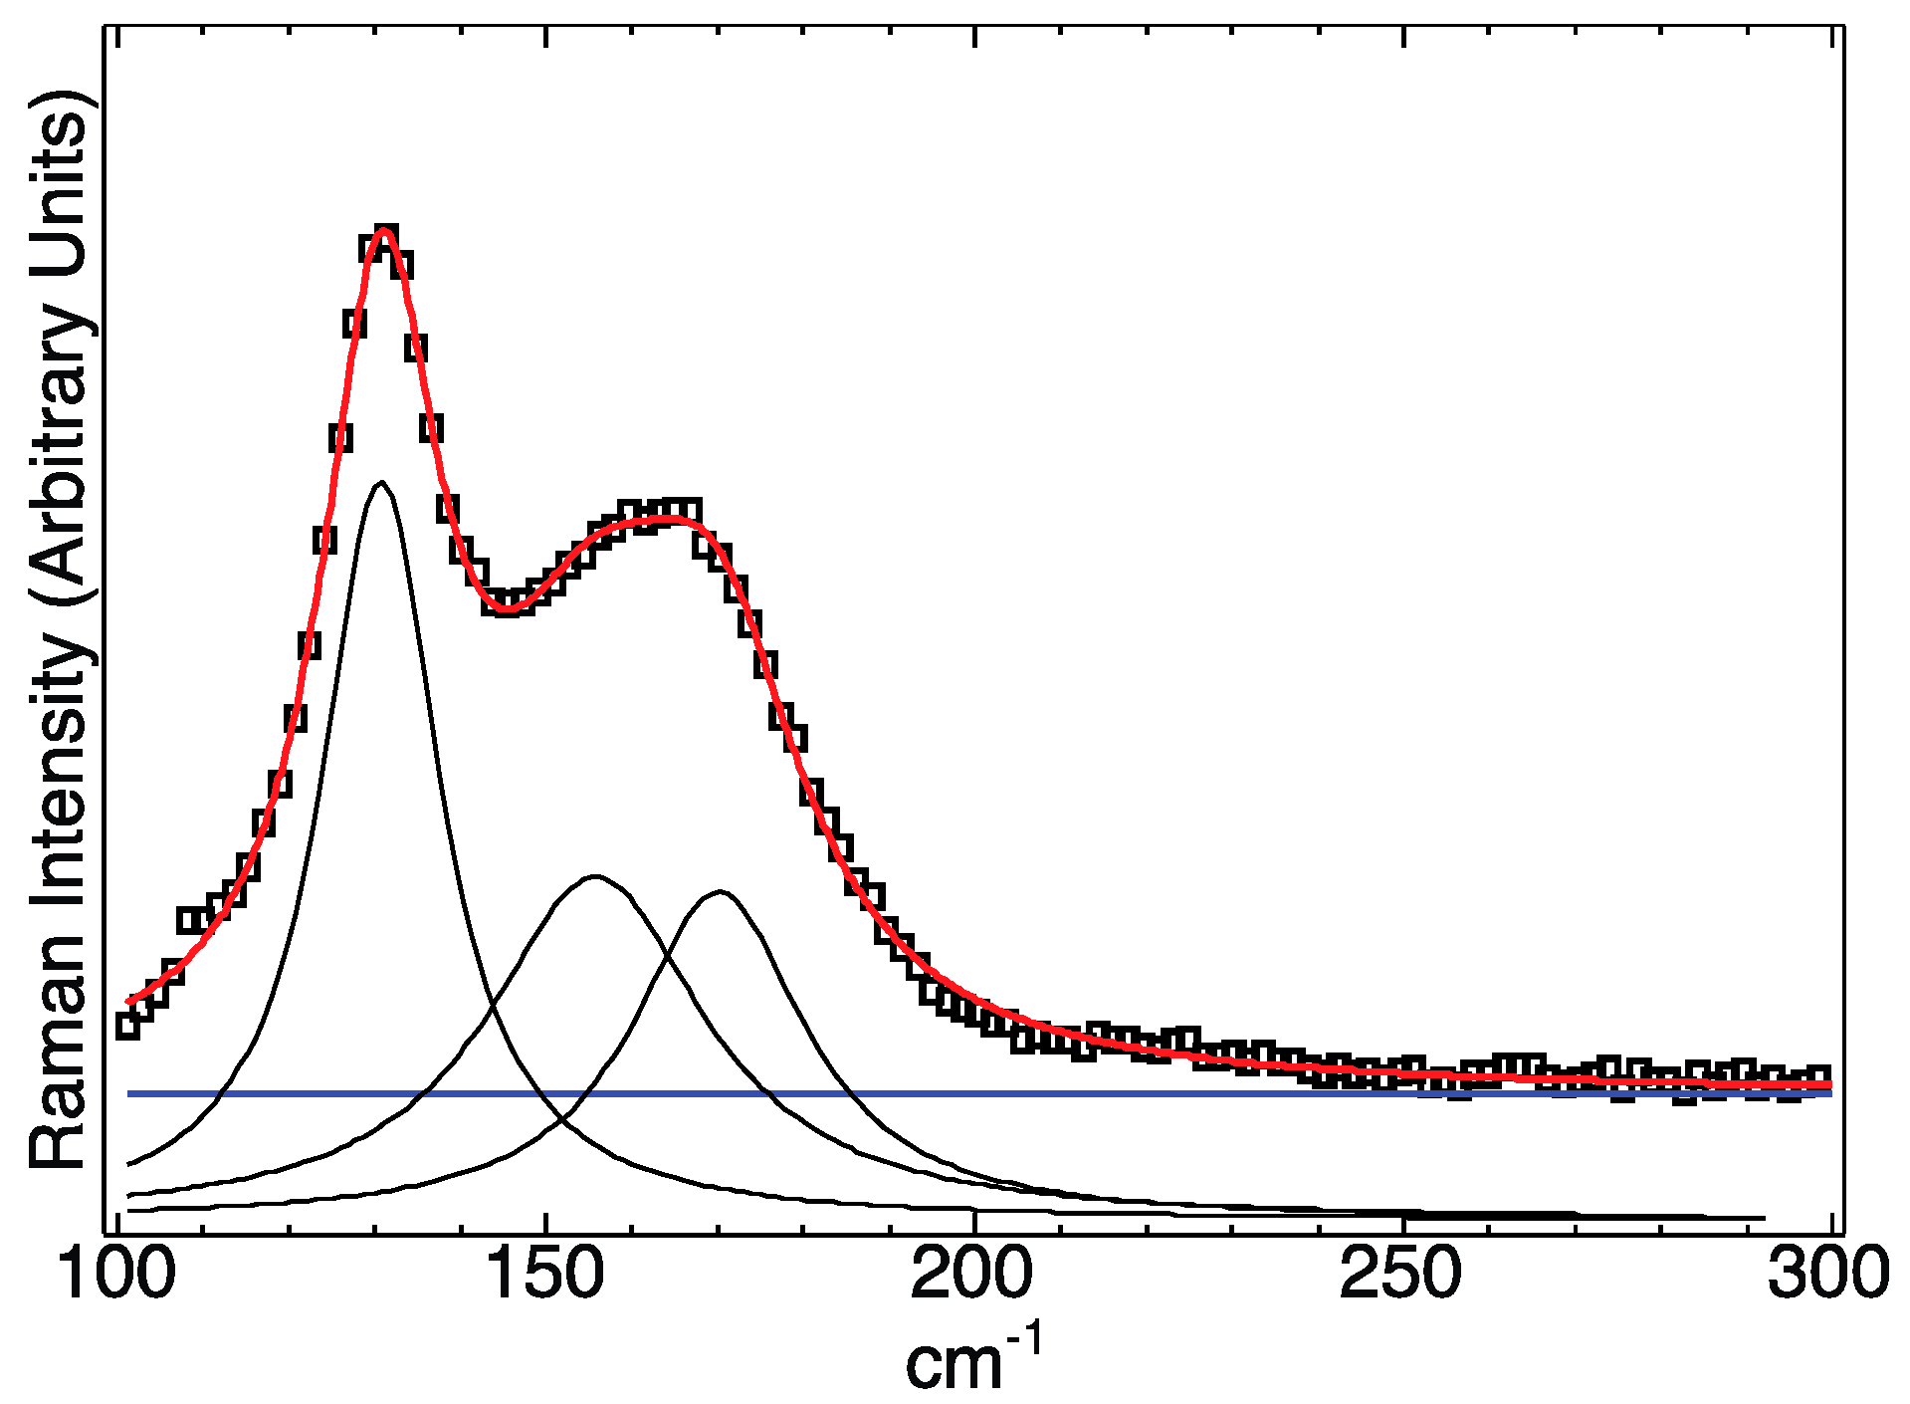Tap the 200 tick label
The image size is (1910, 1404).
click(973, 1276)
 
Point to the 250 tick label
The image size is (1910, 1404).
click(1400, 1276)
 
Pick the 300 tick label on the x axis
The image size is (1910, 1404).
click(1826, 1276)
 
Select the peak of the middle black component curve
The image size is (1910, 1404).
click(595, 877)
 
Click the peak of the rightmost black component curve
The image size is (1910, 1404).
click(720, 892)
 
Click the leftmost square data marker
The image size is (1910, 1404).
click(127, 1026)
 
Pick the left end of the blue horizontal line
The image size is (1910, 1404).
click(129, 1093)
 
